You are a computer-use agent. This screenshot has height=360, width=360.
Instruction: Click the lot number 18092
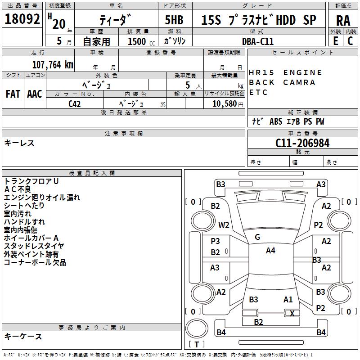coord(22,19)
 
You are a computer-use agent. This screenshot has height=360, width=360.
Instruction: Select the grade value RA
coord(343,21)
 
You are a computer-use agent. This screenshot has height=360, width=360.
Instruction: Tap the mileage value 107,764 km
coord(53,65)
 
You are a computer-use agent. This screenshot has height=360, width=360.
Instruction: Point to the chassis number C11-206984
coord(302,143)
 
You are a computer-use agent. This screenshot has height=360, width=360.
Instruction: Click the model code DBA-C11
coord(258,41)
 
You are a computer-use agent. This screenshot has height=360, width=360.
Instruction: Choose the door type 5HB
coord(174,20)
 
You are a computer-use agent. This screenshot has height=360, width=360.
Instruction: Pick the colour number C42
coord(74,104)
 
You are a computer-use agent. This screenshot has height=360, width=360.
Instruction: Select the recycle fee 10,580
coord(225,104)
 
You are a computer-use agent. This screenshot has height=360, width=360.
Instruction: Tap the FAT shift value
coord(13,94)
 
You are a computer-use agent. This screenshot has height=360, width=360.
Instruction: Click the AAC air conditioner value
coord(35,94)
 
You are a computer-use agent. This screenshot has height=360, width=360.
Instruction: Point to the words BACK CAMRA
coord(282,82)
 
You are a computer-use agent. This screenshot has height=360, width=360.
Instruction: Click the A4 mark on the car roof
coord(270,251)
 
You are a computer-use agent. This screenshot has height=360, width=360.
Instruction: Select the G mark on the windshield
coord(257,237)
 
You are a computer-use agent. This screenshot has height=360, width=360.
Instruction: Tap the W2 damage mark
coord(224,225)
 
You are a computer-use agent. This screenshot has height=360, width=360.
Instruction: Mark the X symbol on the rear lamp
coord(292,313)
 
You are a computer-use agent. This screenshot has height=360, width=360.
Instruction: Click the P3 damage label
coord(216,241)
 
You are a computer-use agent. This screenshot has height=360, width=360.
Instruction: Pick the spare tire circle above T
coord(197,328)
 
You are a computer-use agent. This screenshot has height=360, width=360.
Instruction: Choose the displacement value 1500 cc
coord(141,41)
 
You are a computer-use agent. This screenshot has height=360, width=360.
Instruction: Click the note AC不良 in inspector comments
coord(18,189)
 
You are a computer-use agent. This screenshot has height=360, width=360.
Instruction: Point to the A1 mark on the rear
coord(288,300)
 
